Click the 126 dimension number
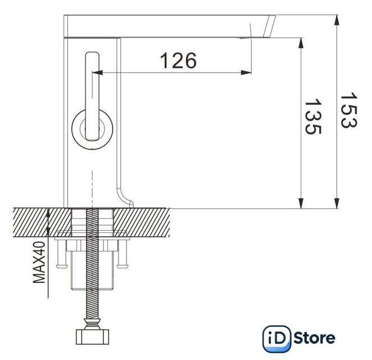point(178,60)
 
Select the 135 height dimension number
point(313,116)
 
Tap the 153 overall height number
point(349,110)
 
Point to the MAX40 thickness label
point(39,262)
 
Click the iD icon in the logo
point(277,339)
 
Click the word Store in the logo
point(314,338)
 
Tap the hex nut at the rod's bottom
point(92,337)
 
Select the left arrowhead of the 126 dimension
point(97,73)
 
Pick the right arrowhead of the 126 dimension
point(246,73)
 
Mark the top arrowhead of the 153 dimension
point(336,20)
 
